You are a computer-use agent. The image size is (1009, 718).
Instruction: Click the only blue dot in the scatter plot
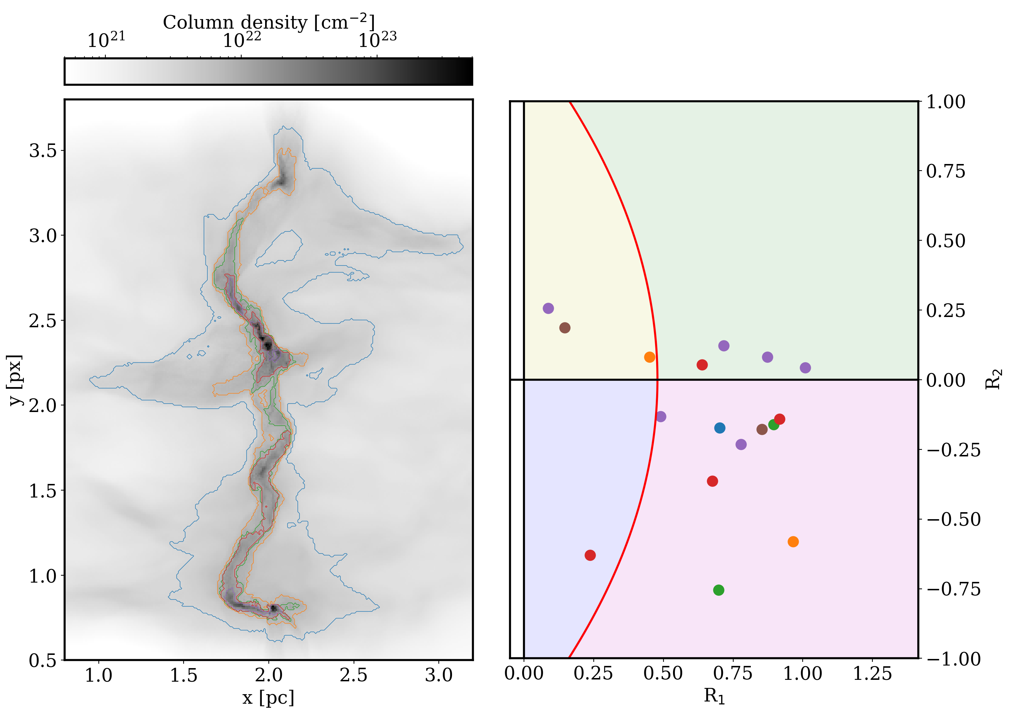720,428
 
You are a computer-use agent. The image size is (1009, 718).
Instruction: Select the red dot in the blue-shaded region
590,555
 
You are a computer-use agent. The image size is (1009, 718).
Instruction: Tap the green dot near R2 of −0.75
719,590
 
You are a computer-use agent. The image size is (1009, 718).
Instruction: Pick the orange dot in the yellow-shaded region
650,357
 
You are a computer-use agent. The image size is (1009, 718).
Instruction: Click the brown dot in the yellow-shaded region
565,328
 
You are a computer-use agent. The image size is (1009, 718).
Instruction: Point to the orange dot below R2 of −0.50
793,542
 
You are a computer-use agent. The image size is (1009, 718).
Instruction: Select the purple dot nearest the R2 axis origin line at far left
549,309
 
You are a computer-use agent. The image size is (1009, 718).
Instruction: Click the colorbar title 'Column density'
235,22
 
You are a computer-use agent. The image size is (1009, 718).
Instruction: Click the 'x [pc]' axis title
268,698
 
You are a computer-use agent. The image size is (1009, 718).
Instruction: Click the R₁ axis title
715,696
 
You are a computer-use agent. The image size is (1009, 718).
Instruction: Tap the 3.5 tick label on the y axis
43,151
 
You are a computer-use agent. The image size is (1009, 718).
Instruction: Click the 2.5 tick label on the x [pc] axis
354,675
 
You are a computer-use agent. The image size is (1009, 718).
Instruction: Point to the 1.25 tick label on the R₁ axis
872,673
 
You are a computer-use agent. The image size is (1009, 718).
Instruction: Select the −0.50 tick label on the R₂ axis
954,520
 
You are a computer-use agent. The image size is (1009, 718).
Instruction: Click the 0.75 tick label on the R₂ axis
946,172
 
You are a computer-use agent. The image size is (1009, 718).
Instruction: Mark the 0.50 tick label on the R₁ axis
663,673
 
